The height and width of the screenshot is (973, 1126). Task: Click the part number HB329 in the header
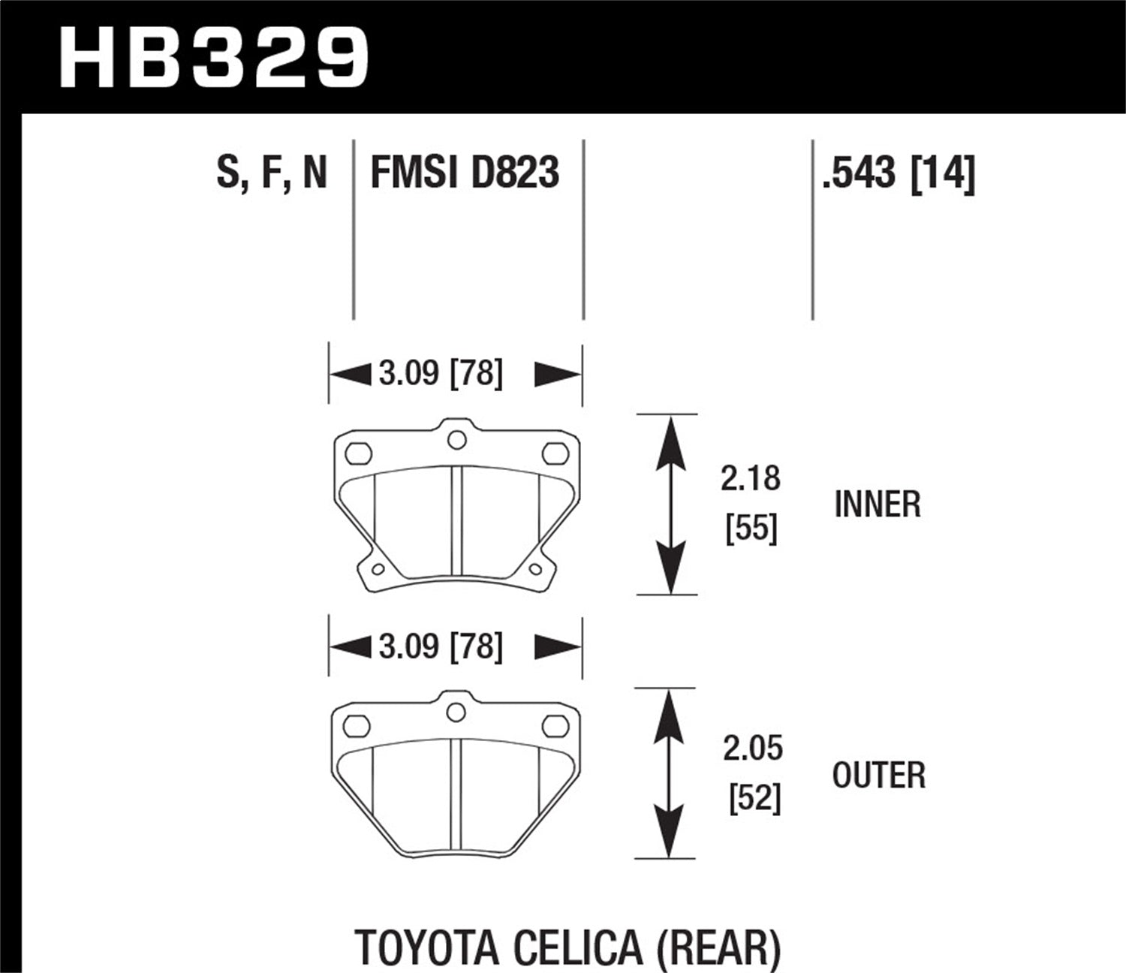click(x=213, y=58)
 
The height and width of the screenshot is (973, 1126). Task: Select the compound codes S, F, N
click(x=272, y=172)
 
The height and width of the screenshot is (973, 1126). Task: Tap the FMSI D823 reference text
click(x=465, y=172)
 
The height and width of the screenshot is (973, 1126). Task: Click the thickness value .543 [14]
click(x=899, y=172)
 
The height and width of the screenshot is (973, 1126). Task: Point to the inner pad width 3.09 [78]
click(x=440, y=373)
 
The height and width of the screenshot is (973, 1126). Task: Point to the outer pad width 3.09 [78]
click(x=440, y=646)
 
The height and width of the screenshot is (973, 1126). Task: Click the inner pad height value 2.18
click(x=751, y=478)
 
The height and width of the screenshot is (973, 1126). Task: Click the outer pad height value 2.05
click(x=753, y=749)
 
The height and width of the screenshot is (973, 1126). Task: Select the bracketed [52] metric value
click(x=754, y=798)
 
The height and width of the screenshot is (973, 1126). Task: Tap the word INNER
click(x=877, y=505)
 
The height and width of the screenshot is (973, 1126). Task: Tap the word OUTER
click(x=878, y=776)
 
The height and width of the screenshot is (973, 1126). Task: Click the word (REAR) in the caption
click(x=718, y=947)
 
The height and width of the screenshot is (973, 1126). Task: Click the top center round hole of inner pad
click(x=456, y=440)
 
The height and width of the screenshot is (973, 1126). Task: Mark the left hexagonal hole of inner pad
click(x=358, y=453)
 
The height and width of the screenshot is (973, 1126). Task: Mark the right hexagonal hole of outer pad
click(x=555, y=725)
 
